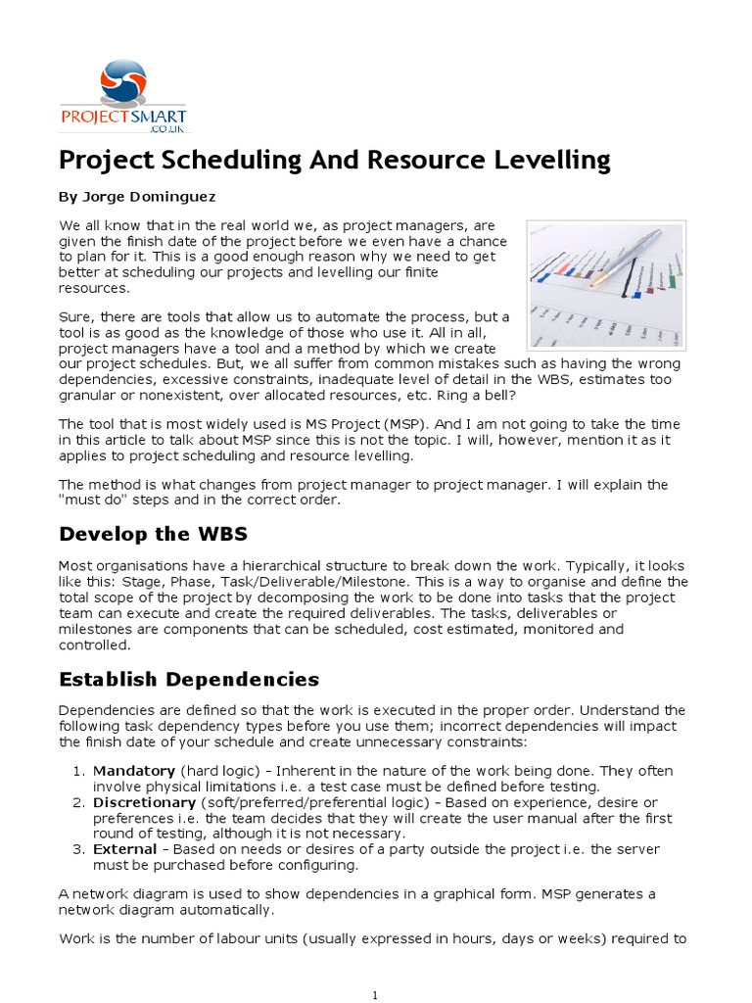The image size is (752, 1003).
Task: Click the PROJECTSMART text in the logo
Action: pyautogui.click(x=123, y=116)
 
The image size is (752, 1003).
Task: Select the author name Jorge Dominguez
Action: pyautogui.click(x=137, y=196)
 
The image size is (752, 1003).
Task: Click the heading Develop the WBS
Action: pyautogui.click(x=153, y=534)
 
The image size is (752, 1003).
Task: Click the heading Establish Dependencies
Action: pyautogui.click(x=189, y=679)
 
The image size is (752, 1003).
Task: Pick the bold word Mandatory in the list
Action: pyautogui.click(x=134, y=771)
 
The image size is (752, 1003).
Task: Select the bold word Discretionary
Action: pyautogui.click(x=144, y=802)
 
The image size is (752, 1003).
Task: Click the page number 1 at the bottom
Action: pyautogui.click(x=376, y=995)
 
